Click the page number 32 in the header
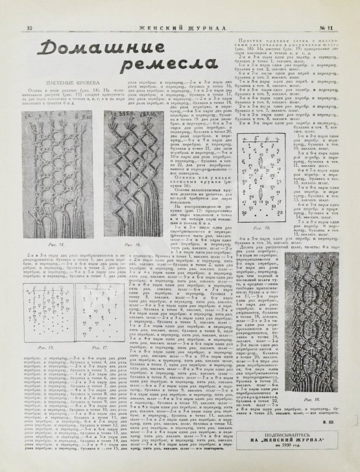(30, 10)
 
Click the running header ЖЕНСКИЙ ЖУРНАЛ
(180, 10)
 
